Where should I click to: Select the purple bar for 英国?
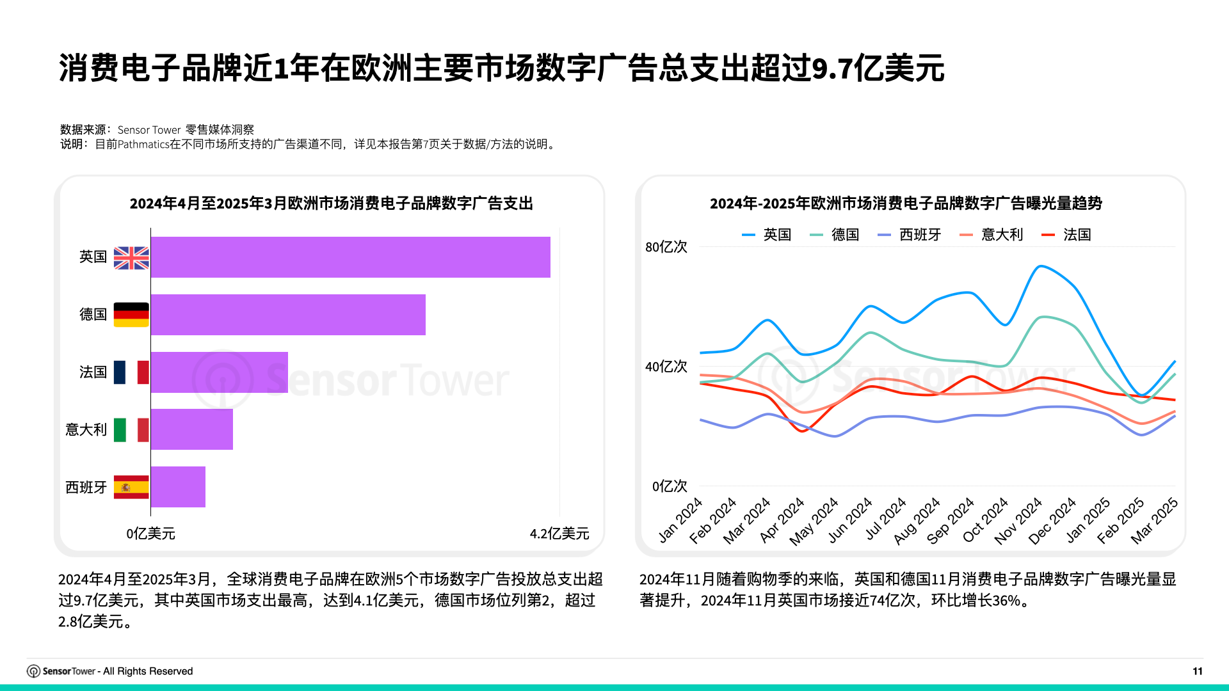(x=350, y=257)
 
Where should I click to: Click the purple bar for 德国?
(x=288, y=315)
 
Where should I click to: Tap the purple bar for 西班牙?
(x=178, y=487)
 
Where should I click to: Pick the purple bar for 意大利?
(x=192, y=429)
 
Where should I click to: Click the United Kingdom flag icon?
(x=131, y=258)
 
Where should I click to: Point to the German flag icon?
(x=131, y=315)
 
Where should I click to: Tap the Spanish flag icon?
(x=131, y=487)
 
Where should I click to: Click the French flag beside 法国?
(x=131, y=372)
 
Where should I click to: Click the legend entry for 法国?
(x=1066, y=235)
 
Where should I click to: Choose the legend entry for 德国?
(x=835, y=235)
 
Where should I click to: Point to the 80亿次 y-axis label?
(x=666, y=247)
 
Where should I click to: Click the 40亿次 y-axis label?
(x=666, y=367)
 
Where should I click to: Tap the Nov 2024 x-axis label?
(x=1019, y=521)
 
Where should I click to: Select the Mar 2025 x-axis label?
(x=1155, y=521)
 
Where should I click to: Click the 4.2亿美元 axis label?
(x=559, y=534)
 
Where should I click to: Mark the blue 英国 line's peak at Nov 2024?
(x=1041, y=266)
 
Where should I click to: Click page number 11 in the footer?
(x=1198, y=671)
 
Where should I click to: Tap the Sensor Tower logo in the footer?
(x=61, y=671)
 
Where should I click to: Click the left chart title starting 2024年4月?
(x=331, y=203)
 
